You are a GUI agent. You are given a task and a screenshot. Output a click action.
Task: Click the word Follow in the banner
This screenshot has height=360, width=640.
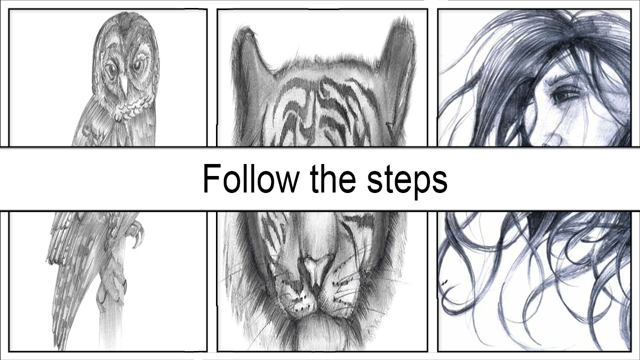pos(251,178)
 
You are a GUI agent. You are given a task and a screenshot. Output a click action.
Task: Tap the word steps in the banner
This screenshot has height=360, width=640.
pos(407,181)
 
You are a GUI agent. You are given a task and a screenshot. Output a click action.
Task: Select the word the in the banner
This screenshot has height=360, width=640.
pos(333,178)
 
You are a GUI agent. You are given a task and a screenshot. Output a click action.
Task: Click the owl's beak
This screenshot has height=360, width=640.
pos(123,85)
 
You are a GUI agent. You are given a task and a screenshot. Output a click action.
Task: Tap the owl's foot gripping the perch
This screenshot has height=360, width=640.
pos(111,294)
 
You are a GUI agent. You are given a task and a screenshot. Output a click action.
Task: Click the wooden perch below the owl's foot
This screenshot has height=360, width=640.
pos(111,328)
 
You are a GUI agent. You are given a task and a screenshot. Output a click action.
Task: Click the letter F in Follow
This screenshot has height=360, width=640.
pos(212,178)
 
